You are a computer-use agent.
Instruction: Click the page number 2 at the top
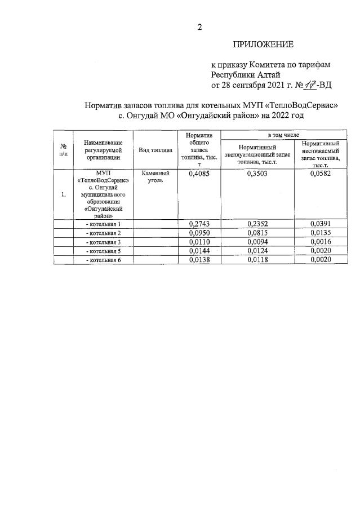click(199, 26)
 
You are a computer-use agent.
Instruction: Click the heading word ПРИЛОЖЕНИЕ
click(263, 44)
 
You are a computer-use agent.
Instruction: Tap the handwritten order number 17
click(308, 85)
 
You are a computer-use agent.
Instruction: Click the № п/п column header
click(63, 150)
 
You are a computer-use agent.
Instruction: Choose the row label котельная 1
click(103, 224)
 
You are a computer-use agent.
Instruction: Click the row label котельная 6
click(103, 259)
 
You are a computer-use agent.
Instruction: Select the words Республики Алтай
click(245, 74)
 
